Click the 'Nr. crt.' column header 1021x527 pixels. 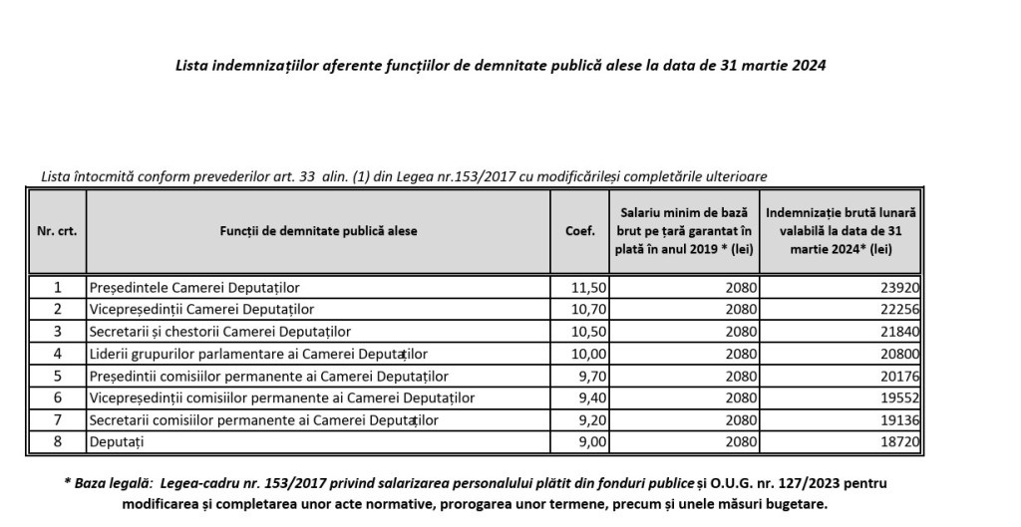57,230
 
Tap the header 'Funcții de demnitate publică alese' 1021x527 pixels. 318,230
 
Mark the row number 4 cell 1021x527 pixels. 57,354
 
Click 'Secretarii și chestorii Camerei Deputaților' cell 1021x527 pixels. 219,332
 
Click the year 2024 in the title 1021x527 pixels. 809,66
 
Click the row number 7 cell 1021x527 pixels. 57,419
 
